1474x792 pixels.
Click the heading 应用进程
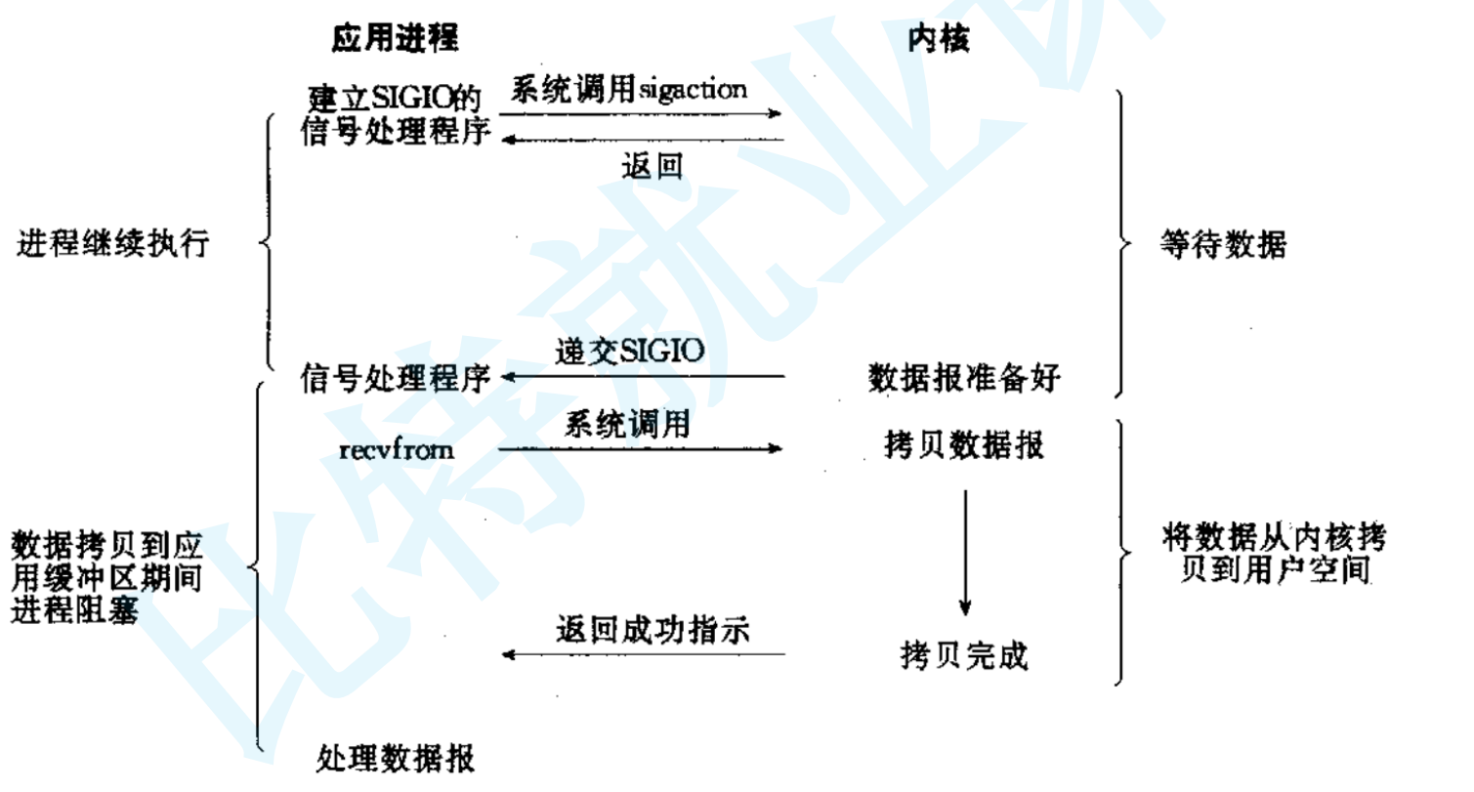(394, 40)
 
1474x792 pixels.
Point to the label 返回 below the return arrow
(651, 168)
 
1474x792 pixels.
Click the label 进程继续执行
(113, 244)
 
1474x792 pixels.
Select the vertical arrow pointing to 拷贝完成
(964, 552)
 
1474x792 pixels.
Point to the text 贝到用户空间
(1274, 569)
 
